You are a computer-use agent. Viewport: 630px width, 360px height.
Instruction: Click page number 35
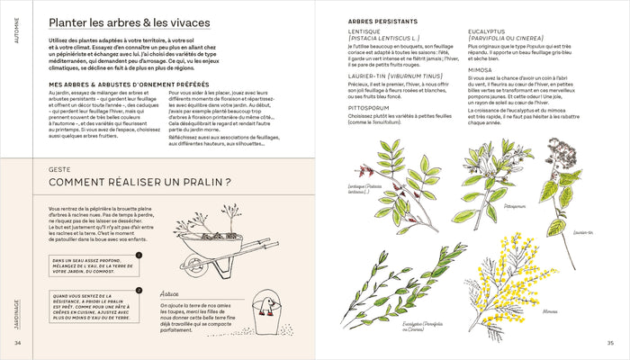pyautogui.click(x=610, y=342)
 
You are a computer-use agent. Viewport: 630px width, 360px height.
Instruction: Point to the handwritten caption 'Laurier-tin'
pyautogui.click(x=581, y=232)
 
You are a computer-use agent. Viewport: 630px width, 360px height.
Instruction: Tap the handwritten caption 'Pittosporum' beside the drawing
pyautogui.click(x=516, y=205)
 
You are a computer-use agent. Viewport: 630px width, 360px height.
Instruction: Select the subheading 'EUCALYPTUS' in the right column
pyautogui.click(x=492, y=31)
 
